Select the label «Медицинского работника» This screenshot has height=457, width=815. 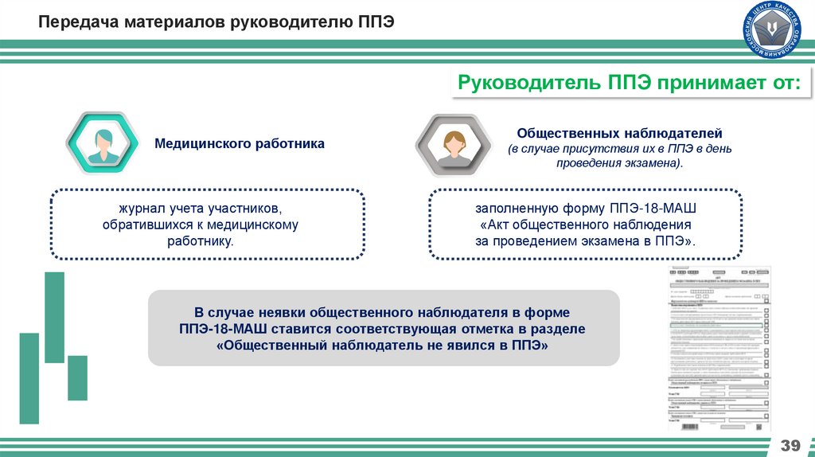pyautogui.click(x=240, y=144)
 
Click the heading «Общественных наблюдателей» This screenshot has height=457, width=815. pyautogui.click(x=619, y=132)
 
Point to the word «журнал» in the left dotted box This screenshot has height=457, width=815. pyautogui.click(x=140, y=209)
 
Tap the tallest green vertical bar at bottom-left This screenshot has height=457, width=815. pyautogui.click(x=29, y=377)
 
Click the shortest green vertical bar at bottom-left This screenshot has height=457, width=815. pyautogui.click(x=78, y=377)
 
